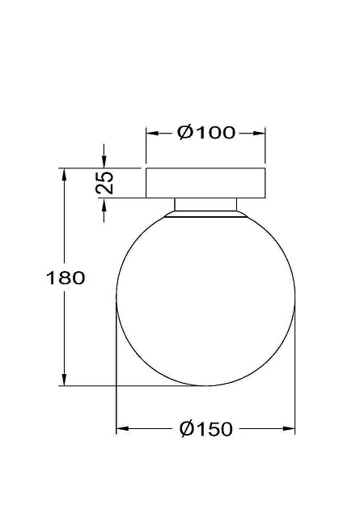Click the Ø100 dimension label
(206, 133)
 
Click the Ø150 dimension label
(206, 429)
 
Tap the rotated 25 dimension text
(104, 182)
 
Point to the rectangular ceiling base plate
(205, 182)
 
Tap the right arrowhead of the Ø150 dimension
(290, 429)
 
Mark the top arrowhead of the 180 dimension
(63, 173)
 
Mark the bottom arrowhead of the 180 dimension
(63, 380)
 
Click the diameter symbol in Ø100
(184, 133)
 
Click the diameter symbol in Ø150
(185, 429)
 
